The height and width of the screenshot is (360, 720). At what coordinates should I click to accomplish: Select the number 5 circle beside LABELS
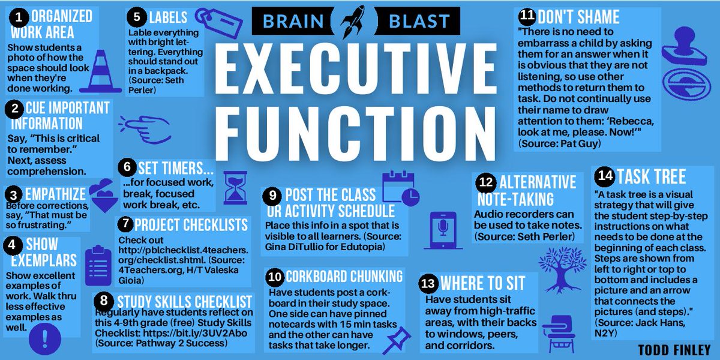137,17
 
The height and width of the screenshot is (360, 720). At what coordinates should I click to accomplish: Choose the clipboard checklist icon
96,262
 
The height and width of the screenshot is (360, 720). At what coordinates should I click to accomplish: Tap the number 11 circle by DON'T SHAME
527,17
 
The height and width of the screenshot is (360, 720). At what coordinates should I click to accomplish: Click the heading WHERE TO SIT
482,283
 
